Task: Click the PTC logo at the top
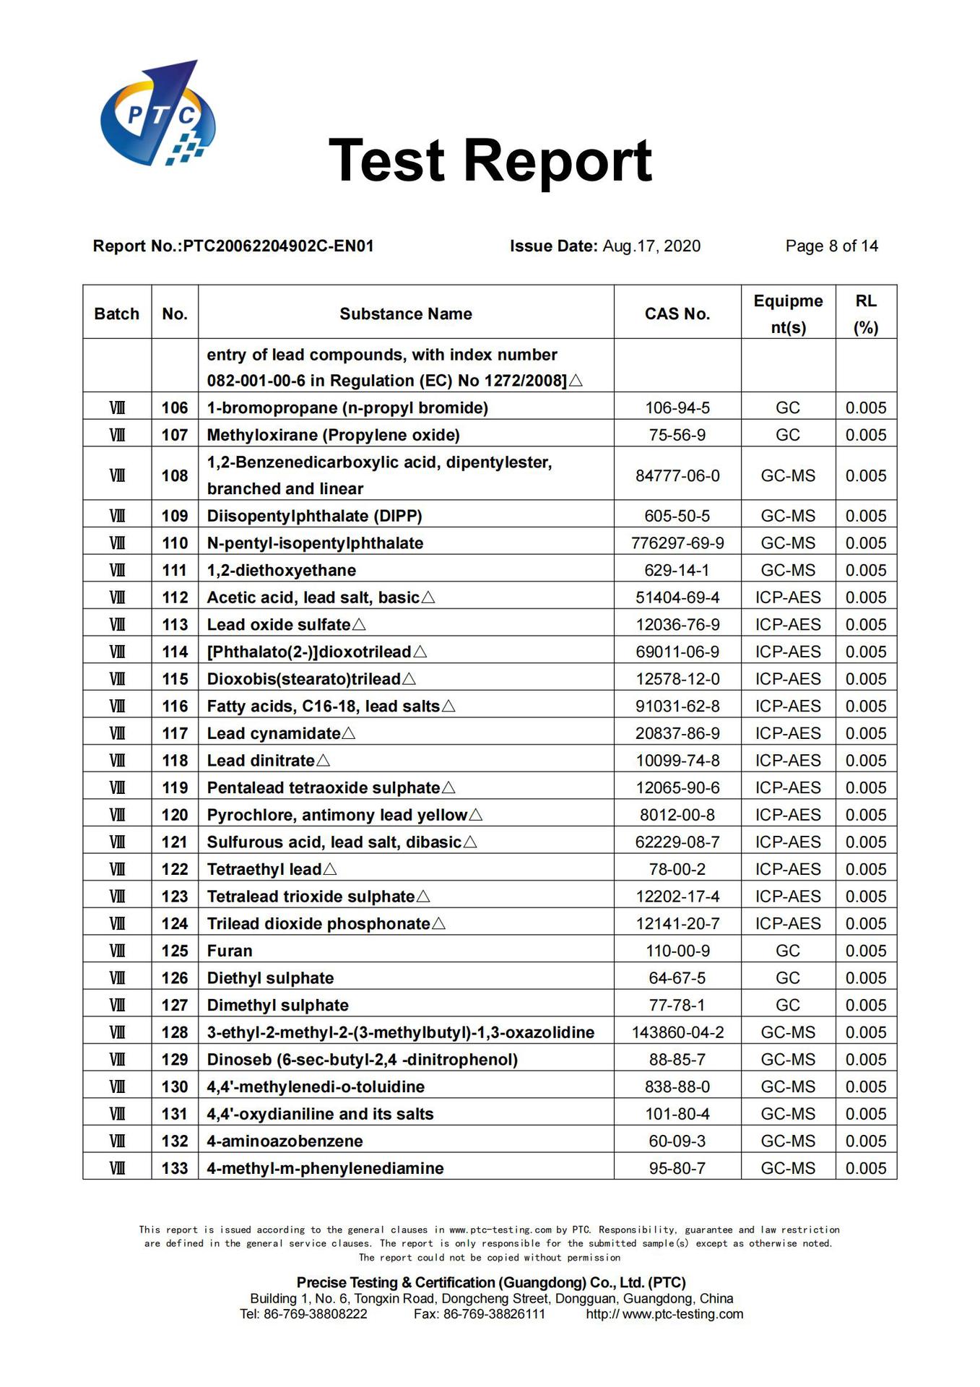(157, 113)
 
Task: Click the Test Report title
(490, 160)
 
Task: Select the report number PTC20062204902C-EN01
(278, 246)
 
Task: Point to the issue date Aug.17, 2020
(651, 246)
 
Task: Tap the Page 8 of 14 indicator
(831, 246)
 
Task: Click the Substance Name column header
(405, 314)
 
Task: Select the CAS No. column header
(677, 314)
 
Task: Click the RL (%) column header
(865, 314)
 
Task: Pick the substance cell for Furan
(230, 951)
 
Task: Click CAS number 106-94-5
(677, 408)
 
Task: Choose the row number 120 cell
(175, 815)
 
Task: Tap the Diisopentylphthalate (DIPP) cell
(314, 516)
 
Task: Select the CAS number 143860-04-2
(677, 1032)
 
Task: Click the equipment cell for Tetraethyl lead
(787, 869)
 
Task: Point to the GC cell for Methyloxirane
(787, 435)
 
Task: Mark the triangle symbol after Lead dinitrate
(323, 761)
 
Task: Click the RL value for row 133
(865, 1168)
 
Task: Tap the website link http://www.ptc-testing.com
(664, 1314)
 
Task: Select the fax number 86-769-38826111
(494, 1314)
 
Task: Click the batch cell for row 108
(117, 475)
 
